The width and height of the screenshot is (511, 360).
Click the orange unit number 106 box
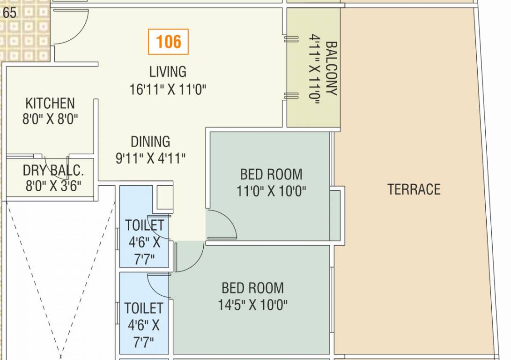coord(168,42)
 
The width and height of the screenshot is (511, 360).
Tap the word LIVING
coord(168,72)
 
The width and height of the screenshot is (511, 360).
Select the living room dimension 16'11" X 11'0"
coord(168,89)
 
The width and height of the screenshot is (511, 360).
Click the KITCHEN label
coord(50,103)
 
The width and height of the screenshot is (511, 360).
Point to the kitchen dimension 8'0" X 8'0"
coord(50,119)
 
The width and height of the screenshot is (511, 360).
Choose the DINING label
coord(150,142)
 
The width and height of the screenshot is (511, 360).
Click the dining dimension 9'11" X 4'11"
coord(150,158)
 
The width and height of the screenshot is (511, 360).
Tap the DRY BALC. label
coord(53,170)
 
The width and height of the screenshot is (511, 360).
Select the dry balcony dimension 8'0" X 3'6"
coord(53,186)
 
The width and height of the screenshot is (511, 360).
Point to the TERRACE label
coord(414,189)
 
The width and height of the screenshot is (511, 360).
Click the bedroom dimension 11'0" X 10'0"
coord(271,191)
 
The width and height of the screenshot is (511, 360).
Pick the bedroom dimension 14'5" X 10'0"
coord(252,305)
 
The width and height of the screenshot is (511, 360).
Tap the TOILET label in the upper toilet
coord(144,225)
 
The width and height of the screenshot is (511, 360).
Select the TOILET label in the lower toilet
coord(144,308)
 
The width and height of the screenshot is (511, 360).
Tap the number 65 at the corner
coord(9,13)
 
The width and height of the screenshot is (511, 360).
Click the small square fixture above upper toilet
coord(164,197)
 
